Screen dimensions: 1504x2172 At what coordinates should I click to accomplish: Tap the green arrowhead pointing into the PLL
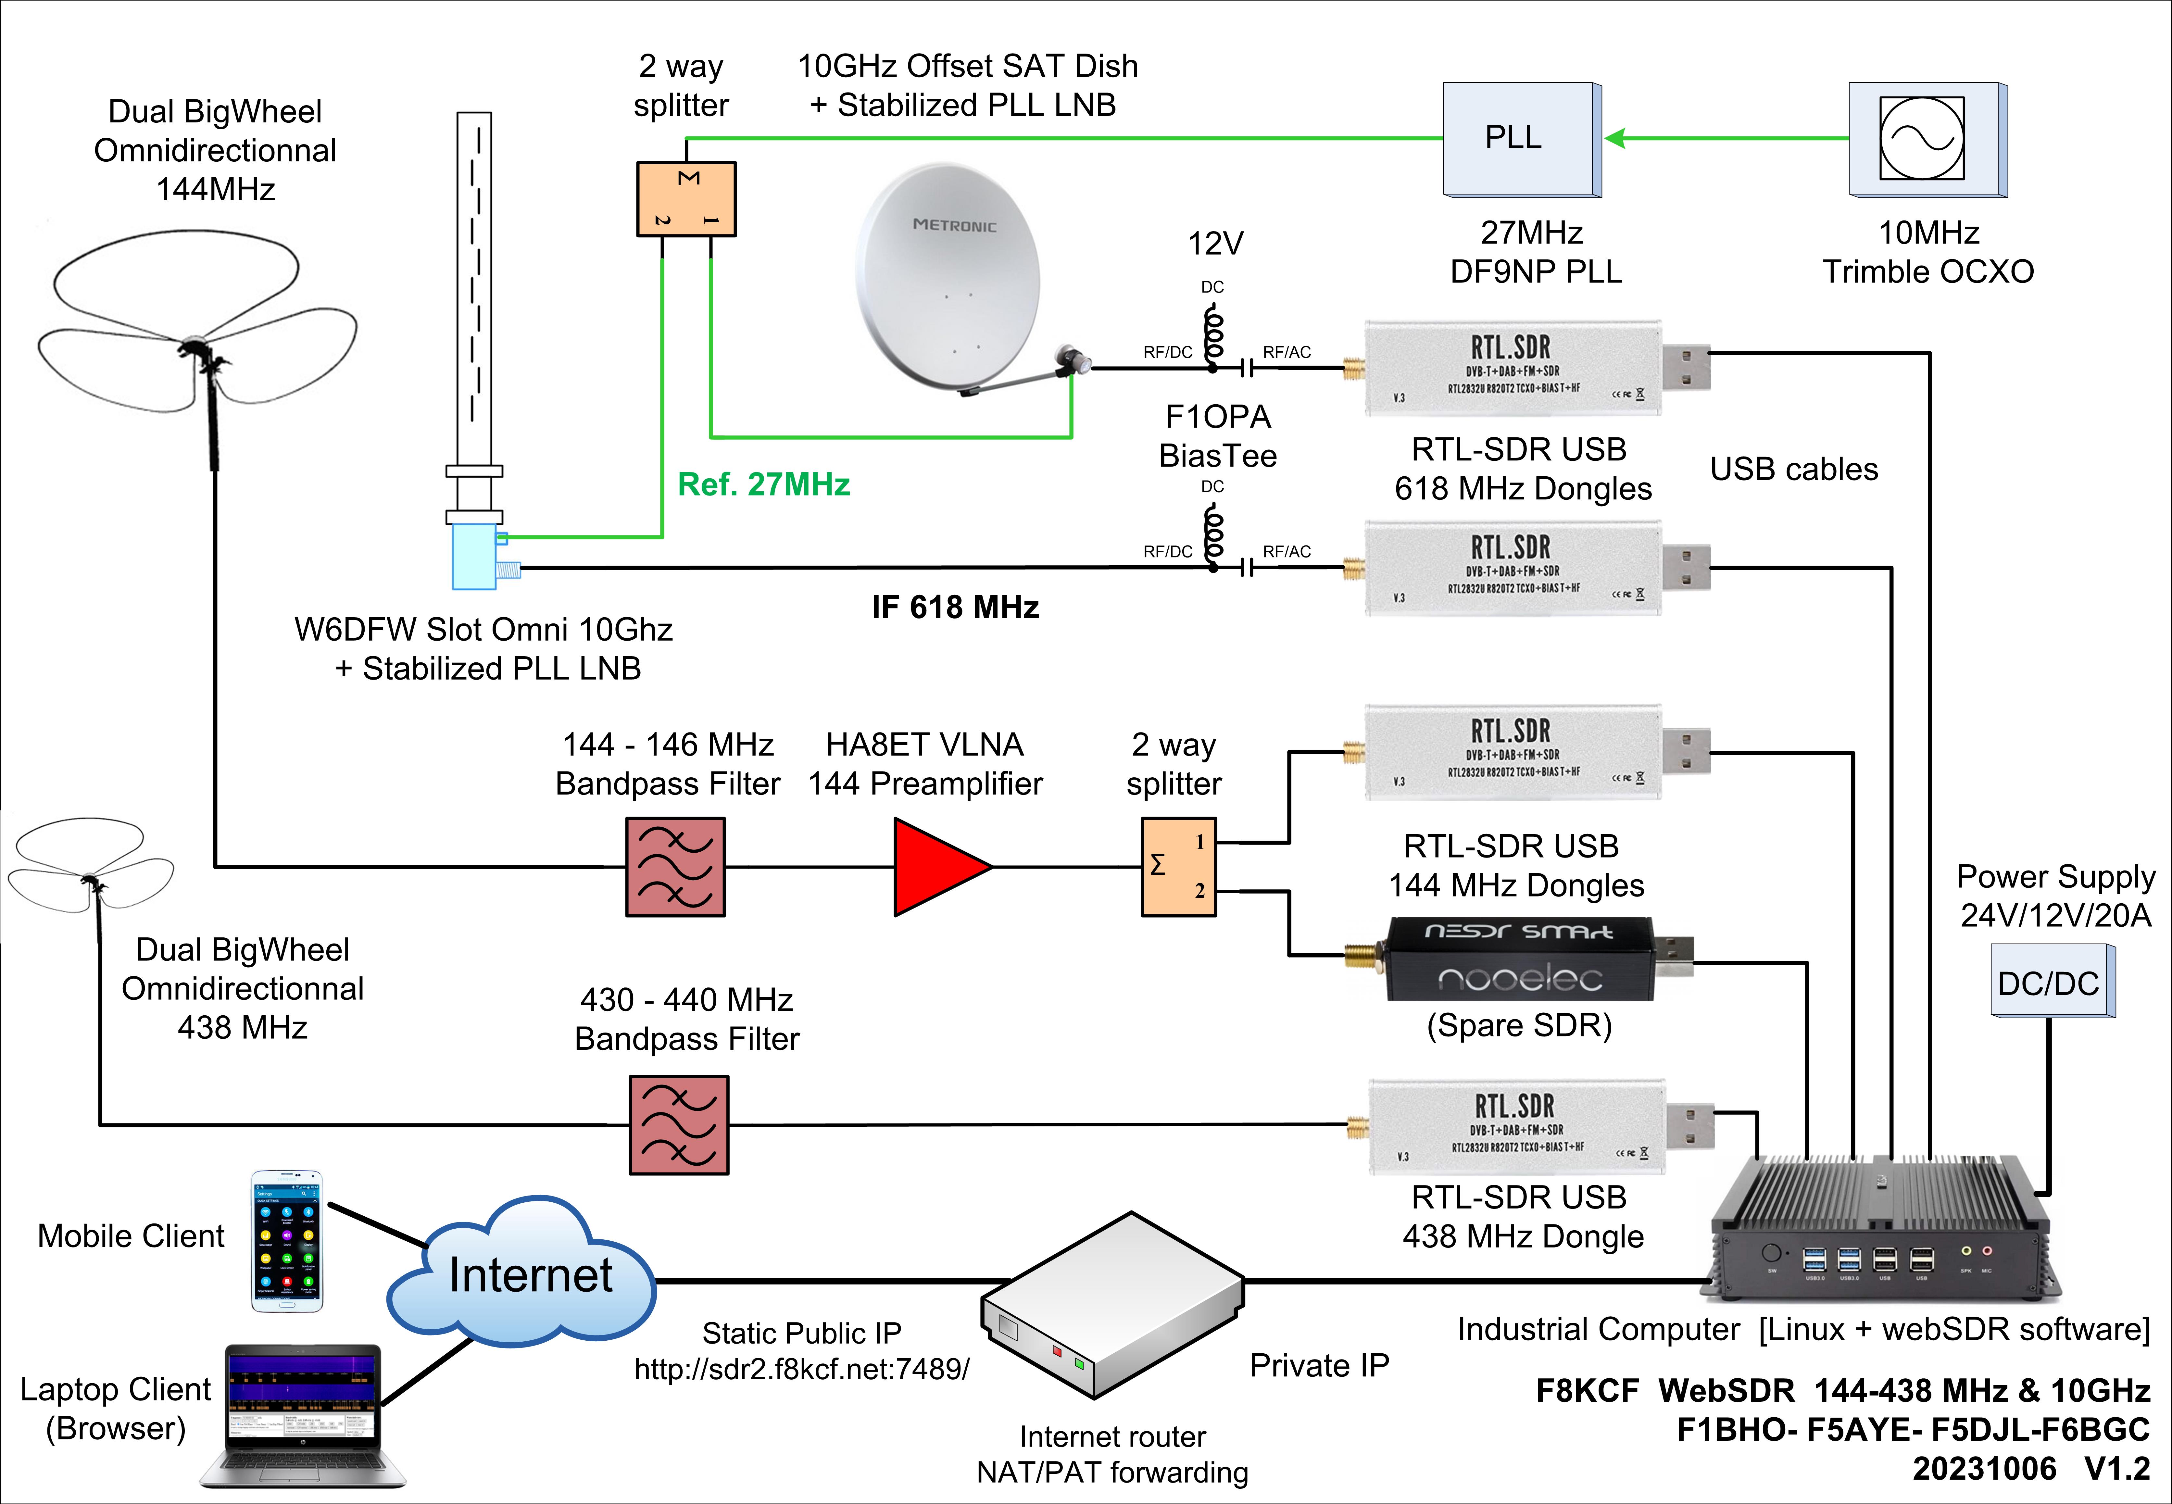pyautogui.click(x=1615, y=139)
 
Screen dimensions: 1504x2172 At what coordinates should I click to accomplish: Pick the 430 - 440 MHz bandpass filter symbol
pyautogui.click(x=678, y=1124)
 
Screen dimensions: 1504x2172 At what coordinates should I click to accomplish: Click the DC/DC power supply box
pyautogui.click(x=2050, y=983)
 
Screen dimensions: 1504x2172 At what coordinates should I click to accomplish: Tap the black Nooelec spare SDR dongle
pyautogui.click(x=1519, y=959)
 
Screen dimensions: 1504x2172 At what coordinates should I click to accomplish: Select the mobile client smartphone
pyautogui.click(x=286, y=1241)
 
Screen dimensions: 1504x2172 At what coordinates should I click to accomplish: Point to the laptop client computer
pyautogui.click(x=303, y=1413)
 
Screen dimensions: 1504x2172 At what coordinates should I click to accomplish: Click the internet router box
pyautogui.click(x=1112, y=1305)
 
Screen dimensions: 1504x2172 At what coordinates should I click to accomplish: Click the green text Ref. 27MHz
pyautogui.click(x=763, y=484)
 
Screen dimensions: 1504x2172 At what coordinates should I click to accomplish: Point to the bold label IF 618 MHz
pyautogui.click(x=955, y=607)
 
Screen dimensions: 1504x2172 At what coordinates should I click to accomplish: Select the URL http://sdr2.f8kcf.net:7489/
pyautogui.click(x=801, y=1368)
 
